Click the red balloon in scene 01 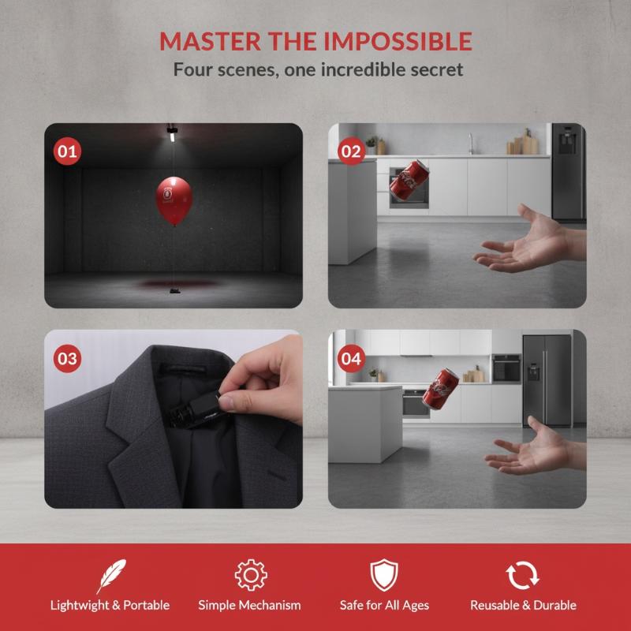tap(174, 200)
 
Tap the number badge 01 tap(67, 151)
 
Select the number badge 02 tap(351, 151)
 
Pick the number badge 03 tap(67, 358)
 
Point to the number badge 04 tap(351, 358)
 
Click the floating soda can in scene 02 tap(409, 182)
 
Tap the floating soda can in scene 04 tap(440, 389)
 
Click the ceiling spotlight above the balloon tap(172, 133)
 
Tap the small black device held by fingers tap(194, 410)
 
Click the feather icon tap(110, 576)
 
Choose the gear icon tap(251, 575)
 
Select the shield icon tap(384, 575)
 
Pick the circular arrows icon tap(522, 576)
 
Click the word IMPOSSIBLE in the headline tap(398, 41)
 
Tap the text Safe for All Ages tap(384, 605)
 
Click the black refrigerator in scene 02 tap(568, 172)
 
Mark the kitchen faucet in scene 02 tap(470, 144)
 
